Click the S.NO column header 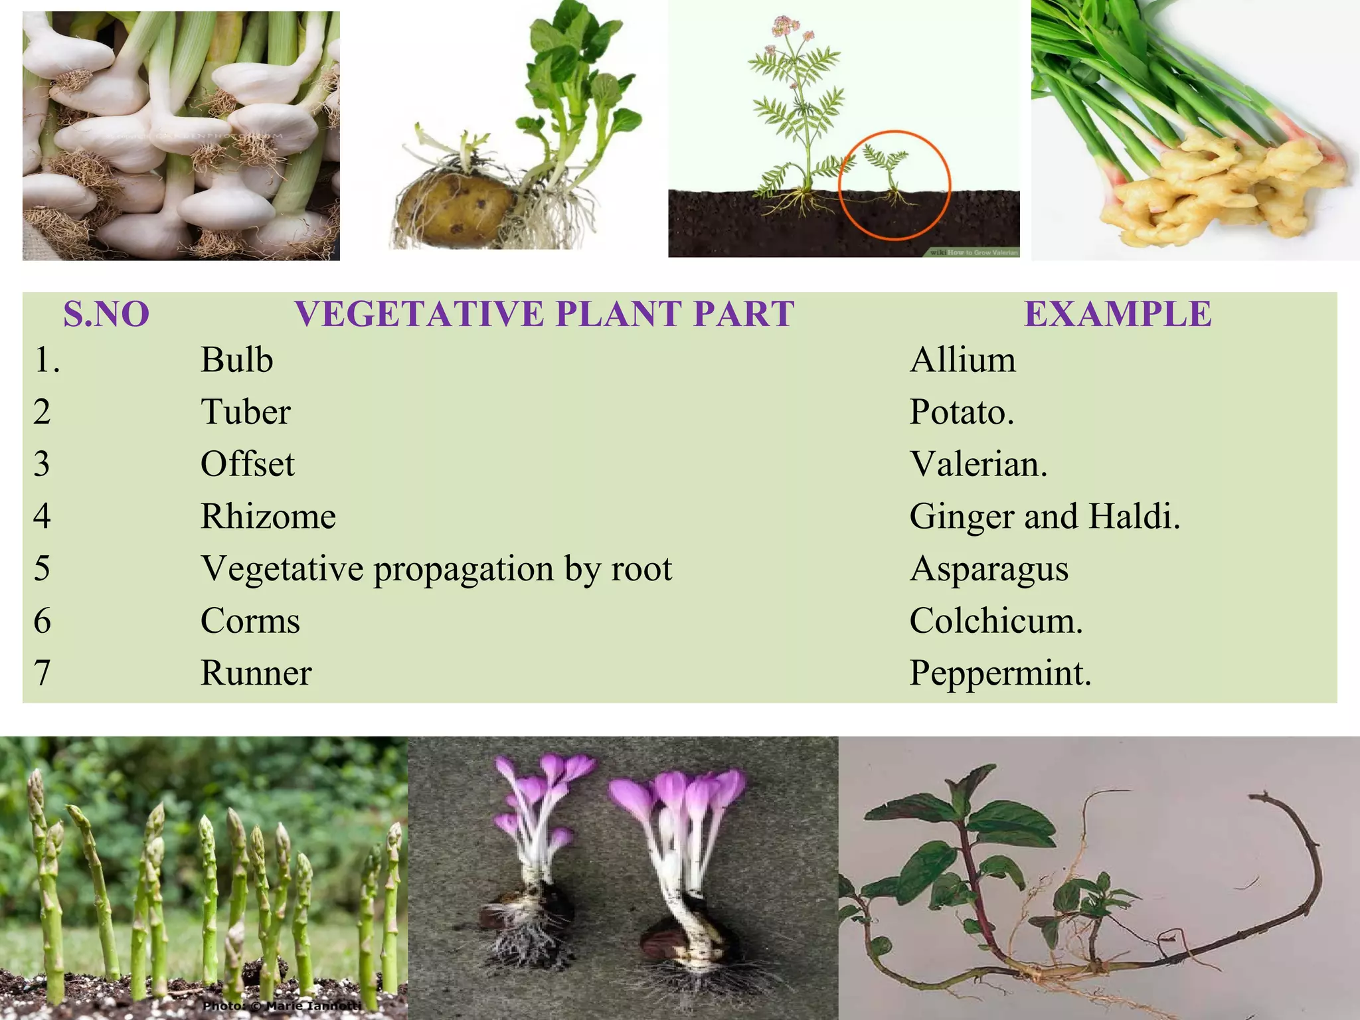coord(106,314)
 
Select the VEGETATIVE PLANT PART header coord(545,314)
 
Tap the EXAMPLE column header coord(1118,314)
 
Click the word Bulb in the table coord(236,361)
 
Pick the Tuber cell coord(245,412)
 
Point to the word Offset coord(247,464)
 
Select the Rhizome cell coord(268,517)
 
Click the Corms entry coord(250,621)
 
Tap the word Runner coord(256,673)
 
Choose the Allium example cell coord(962,361)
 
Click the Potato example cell coord(961,412)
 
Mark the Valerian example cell coord(978,464)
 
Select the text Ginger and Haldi coord(1045,517)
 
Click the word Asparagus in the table coord(989,569)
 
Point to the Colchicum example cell coord(995,621)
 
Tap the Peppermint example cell coord(1000,673)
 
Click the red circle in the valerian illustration coord(894,132)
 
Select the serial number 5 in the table coord(42,569)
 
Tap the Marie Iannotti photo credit coord(282,1005)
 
